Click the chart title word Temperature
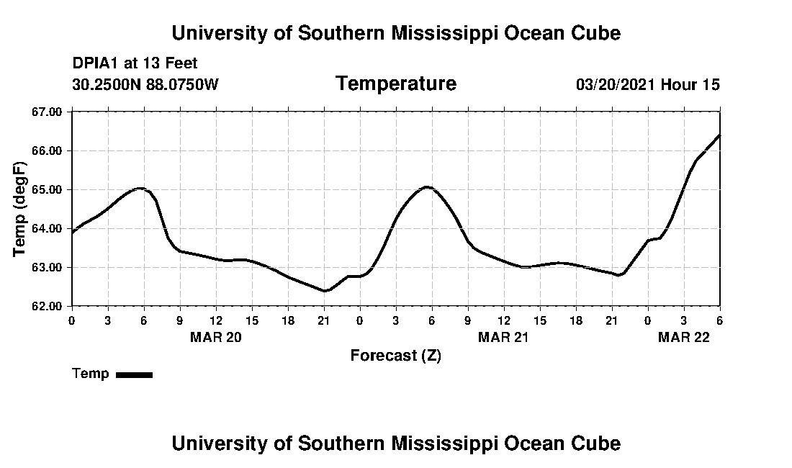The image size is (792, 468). pyautogui.click(x=395, y=84)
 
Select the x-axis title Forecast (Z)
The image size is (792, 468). pyautogui.click(x=395, y=355)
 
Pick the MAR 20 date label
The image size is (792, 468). pyautogui.click(x=216, y=337)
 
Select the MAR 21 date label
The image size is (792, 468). pyautogui.click(x=504, y=337)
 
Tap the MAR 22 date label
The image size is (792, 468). pyautogui.click(x=684, y=337)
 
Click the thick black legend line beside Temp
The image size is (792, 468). pyautogui.click(x=134, y=374)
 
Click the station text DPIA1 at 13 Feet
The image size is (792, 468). pyautogui.click(x=135, y=64)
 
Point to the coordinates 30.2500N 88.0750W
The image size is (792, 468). pyautogui.click(x=145, y=85)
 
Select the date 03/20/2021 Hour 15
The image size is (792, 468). pyautogui.click(x=647, y=85)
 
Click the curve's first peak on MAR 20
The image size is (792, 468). pyautogui.click(x=140, y=188)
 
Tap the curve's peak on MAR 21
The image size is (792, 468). pyautogui.click(x=427, y=187)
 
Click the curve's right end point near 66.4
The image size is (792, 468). pyautogui.click(x=719, y=135)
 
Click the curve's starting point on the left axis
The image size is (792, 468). pyautogui.click(x=73, y=232)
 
